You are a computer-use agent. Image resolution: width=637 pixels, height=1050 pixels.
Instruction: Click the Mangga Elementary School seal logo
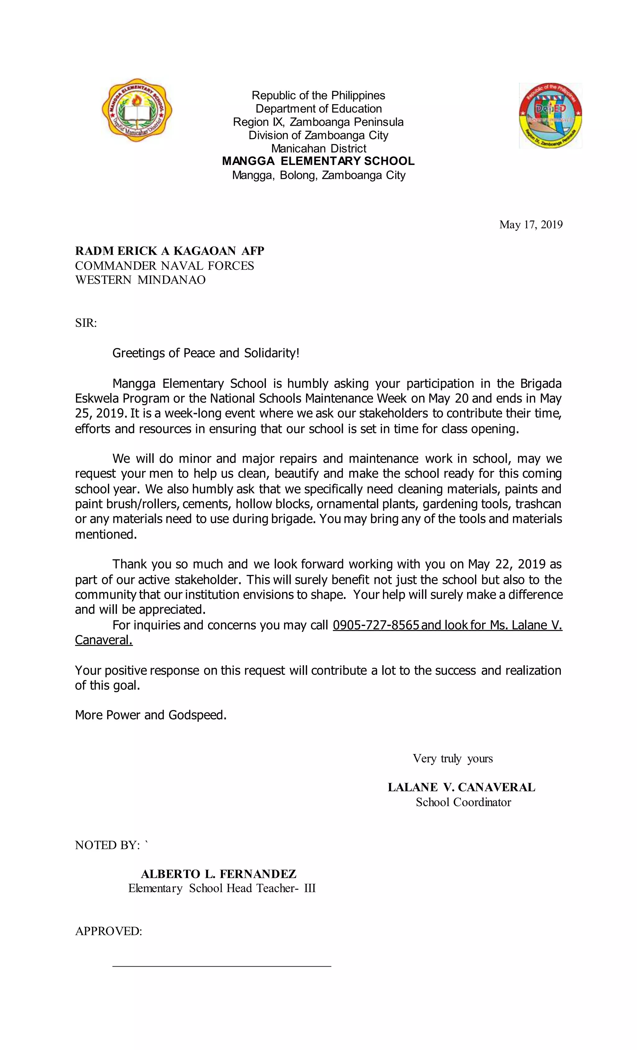tap(137, 111)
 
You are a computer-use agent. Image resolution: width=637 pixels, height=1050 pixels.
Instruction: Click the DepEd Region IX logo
tap(550, 115)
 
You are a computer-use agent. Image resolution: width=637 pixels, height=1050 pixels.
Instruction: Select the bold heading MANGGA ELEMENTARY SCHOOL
tap(318, 161)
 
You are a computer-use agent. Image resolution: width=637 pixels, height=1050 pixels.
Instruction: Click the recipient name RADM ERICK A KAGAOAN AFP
tap(170, 251)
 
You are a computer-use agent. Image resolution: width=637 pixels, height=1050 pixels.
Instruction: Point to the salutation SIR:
tap(86, 323)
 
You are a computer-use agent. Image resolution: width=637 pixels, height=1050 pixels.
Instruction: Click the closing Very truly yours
tap(452, 759)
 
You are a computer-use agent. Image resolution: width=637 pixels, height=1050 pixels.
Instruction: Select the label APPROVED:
tap(109, 931)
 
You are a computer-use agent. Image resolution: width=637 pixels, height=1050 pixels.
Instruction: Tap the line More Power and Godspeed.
tap(151, 715)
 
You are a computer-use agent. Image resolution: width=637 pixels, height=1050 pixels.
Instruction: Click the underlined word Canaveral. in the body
tap(104, 640)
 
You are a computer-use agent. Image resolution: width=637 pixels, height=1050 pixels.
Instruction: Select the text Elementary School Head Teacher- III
tap(222, 888)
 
